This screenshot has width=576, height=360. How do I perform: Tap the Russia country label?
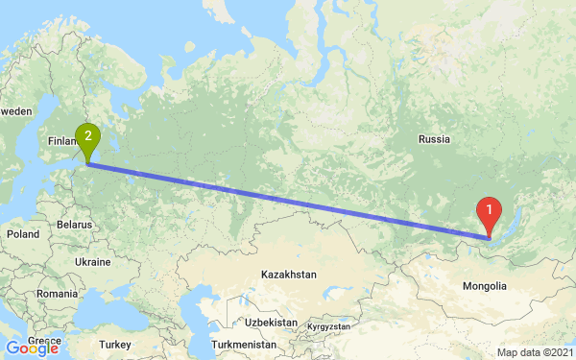[x=434, y=139]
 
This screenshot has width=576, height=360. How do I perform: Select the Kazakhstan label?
[x=288, y=275]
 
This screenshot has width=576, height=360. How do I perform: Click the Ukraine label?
[x=93, y=262]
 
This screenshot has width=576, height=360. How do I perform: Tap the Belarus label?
[x=74, y=223]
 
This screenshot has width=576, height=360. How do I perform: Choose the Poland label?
[x=21, y=233]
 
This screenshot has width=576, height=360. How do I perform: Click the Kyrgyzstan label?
[x=328, y=327]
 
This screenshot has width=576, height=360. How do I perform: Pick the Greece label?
[x=42, y=340]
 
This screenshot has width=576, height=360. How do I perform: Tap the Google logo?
[x=32, y=348]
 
